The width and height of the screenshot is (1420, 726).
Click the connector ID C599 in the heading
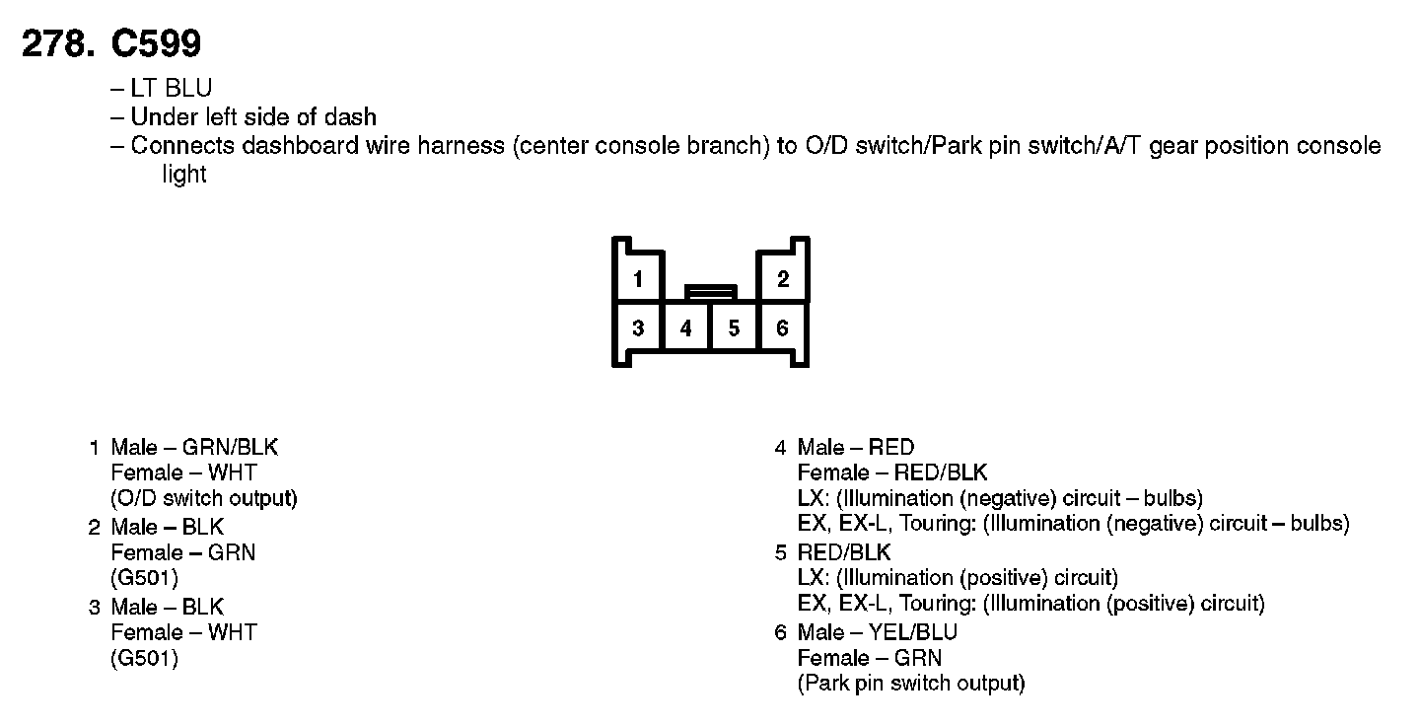click(x=158, y=43)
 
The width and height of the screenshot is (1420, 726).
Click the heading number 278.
click(x=59, y=43)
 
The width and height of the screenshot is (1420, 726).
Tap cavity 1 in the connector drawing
click(x=638, y=279)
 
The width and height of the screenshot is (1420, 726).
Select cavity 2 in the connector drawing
click(x=782, y=279)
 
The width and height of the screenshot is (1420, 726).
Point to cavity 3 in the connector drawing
click(x=638, y=327)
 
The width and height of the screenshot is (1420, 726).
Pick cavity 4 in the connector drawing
click(x=686, y=327)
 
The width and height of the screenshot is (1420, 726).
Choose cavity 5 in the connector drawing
click(x=734, y=327)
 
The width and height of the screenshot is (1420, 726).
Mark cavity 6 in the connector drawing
click(x=782, y=327)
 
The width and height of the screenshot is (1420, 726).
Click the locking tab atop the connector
click(x=710, y=292)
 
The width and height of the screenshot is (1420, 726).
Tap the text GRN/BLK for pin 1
click(x=231, y=447)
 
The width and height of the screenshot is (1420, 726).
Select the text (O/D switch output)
click(x=204, y=498)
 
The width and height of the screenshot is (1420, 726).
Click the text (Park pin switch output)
click(x=911, y=683)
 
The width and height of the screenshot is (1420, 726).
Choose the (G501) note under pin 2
click(x=144, y=578)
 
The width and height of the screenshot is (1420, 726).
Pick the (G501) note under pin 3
click(x=144, y=658)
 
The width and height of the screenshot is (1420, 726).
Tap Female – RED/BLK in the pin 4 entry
click(x=891, y=472)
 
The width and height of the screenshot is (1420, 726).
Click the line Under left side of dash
click(x=252, y=116)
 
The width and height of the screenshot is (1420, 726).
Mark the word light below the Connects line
click(x=184, y=175)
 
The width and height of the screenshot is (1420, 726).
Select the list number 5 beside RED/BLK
click(x=780, y=552)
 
